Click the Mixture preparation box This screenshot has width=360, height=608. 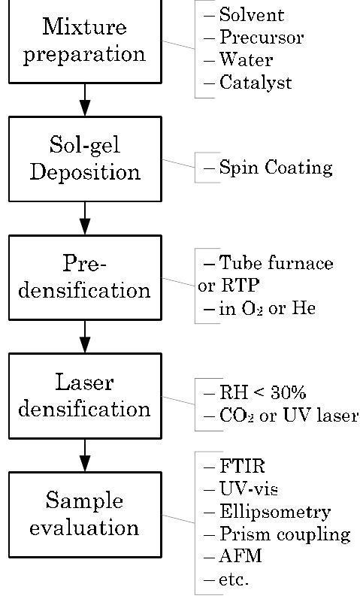(84, 41)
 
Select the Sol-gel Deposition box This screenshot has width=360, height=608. (84, 159)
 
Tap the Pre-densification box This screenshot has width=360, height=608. (84, 277)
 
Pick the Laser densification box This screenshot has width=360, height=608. (84, 396)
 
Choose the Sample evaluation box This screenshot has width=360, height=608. (84, 514)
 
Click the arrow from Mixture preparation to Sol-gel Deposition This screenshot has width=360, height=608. (84, 99)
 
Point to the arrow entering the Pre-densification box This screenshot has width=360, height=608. (84, 218)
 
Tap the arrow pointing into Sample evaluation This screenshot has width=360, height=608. (84, 455)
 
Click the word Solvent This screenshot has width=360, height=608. (251, 15)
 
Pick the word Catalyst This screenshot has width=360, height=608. (255, 83)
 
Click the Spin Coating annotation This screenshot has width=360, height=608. (275, 168)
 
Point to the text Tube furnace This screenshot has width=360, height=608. (275, 264)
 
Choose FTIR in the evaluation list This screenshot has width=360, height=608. (240, 467)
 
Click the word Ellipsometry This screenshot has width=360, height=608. (274, 513)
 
